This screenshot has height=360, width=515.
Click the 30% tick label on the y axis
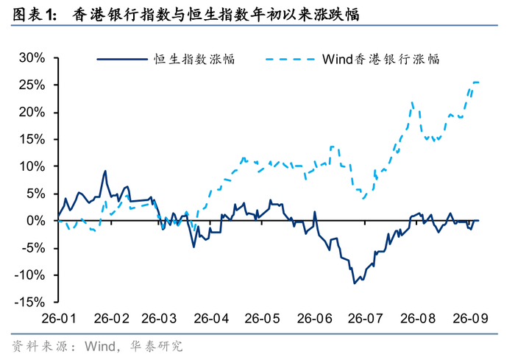click(32, 58)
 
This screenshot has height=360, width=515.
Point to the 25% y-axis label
click(32, 85)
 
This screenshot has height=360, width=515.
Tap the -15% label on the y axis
click(29, 302)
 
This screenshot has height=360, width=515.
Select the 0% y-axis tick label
click(36, 221)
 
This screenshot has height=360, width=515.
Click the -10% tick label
click(29, 275)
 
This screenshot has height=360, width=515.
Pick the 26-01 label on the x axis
click(59, 318)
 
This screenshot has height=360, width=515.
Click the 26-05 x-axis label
click(262, 318)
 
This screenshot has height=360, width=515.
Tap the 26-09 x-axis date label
click(470, 318)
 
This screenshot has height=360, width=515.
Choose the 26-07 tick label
click(365, 318)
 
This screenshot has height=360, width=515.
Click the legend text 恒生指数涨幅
click(194, 59)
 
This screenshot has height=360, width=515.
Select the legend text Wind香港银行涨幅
click(380, 59)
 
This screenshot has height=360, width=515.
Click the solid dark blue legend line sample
click(122, 59)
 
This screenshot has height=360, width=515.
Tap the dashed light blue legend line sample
click(291, 59)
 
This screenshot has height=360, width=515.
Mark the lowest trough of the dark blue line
click(355, 283)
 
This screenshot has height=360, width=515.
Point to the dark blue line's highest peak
click(105, 171)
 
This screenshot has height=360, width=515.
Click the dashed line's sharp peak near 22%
click(412, 102)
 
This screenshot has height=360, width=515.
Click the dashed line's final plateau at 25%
click(475, 82)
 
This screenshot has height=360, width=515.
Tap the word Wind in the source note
click(100, 346)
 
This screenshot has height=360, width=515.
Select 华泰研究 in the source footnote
click(156, 346)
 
